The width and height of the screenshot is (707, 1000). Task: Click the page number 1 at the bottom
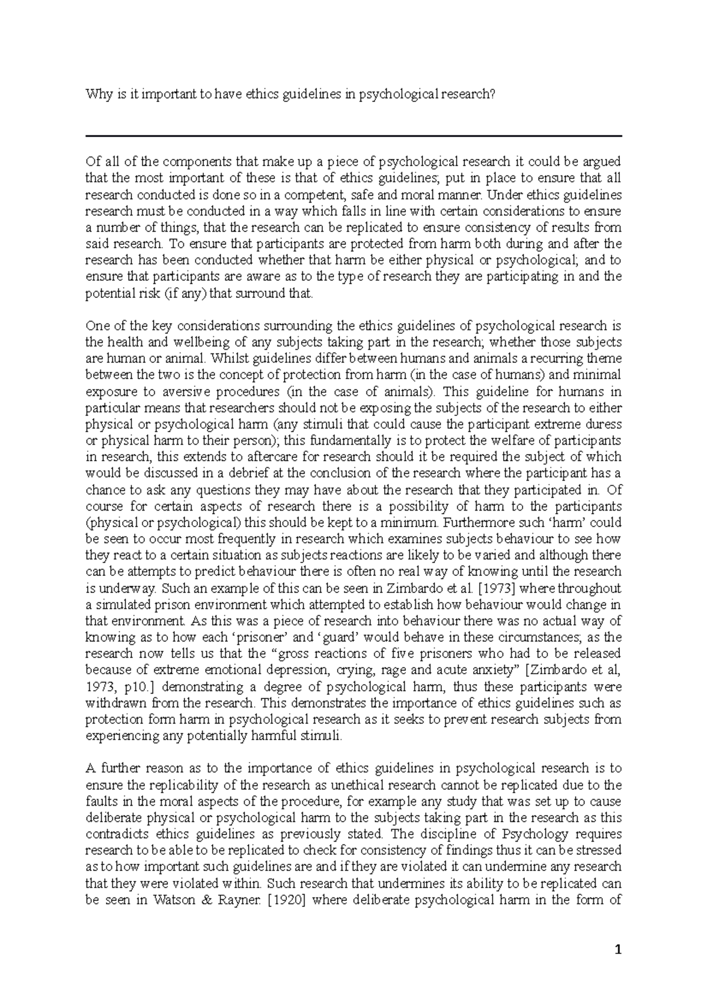point(618,949)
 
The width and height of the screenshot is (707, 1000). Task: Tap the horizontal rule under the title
point(353,136)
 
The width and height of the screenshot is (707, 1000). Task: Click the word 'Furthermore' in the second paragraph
point(477,522)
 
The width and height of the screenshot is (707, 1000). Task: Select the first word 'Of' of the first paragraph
point(92,161)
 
